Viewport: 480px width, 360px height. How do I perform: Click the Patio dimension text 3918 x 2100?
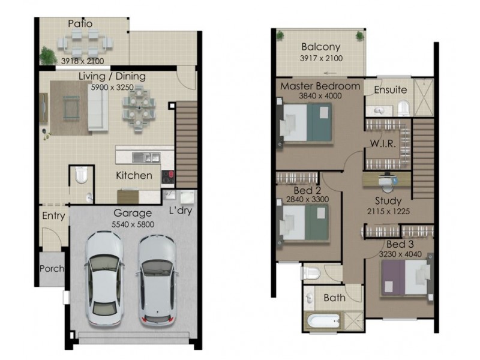pos(83,61)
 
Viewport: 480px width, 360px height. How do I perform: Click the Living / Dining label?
pos(112,76)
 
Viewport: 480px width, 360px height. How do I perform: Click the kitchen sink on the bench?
pos(146,158)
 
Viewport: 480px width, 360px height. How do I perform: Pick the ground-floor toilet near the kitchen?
pos(82,175)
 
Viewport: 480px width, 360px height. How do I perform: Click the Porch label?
pos(52,268)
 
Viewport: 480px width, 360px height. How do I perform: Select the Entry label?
pos(53,216)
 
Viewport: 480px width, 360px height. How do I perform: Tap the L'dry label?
pos(180,212)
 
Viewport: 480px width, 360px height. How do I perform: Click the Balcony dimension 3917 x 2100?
pos(320,58)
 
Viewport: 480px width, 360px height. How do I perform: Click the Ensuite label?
pos(391,90)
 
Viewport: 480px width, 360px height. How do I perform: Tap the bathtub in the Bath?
pos(324,320)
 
